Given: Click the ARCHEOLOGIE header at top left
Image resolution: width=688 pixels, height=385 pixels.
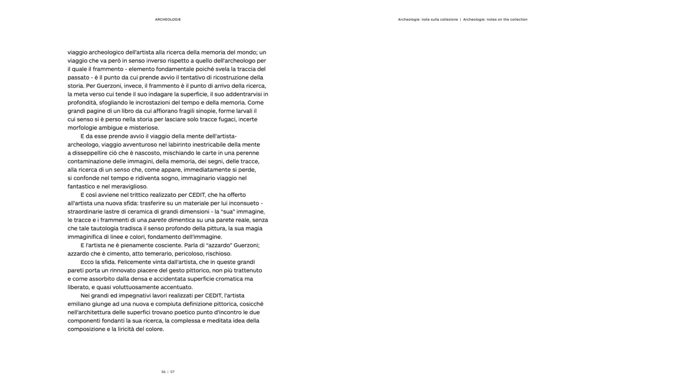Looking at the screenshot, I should pos(168,20).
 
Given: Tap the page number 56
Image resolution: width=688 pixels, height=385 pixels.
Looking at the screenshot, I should pos(163,372).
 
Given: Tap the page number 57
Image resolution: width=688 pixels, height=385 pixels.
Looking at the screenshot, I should pos(173,372).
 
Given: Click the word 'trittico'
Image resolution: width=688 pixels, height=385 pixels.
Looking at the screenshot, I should pos(147,195).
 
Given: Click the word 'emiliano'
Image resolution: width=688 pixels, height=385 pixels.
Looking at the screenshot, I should pos(80,304).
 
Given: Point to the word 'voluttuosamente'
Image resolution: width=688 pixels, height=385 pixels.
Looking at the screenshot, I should pos(136,287).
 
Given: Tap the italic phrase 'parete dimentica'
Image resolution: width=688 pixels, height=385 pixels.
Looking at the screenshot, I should pos(171,220).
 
